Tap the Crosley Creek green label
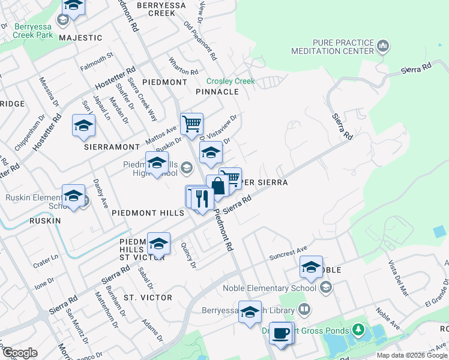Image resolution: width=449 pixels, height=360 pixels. click(231, 82)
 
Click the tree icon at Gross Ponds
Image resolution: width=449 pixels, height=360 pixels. click(358, 329)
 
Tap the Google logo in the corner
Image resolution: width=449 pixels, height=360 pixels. click(20, 353)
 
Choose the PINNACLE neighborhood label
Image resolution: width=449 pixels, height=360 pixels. click(217, 92)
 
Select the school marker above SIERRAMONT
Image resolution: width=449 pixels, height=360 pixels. click(84, 125)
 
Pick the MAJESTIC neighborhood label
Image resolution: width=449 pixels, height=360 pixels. click(81, 38)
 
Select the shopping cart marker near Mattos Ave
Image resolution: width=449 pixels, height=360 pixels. click(191, 124)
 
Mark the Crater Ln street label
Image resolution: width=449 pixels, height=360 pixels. click(46, 257)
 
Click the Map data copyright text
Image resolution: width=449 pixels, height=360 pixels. click(411, 355)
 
